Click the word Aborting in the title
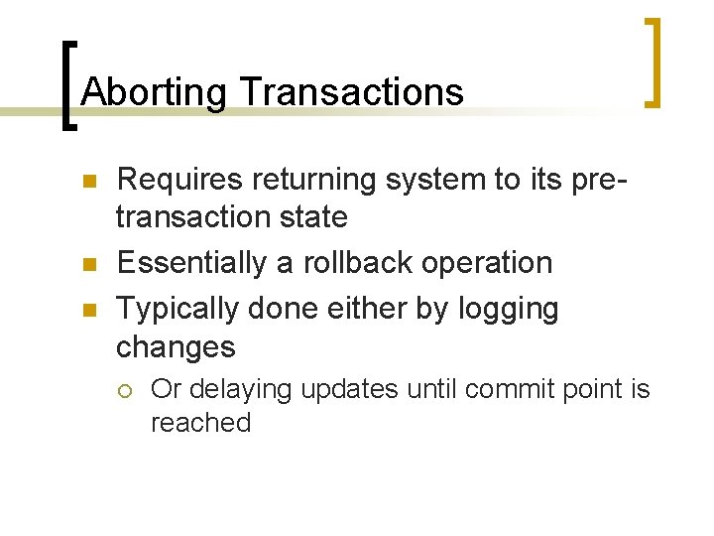155,92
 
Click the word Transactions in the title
351,92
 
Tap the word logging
508,309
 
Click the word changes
176,346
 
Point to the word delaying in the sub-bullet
236,389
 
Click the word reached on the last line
200,423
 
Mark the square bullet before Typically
86,310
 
